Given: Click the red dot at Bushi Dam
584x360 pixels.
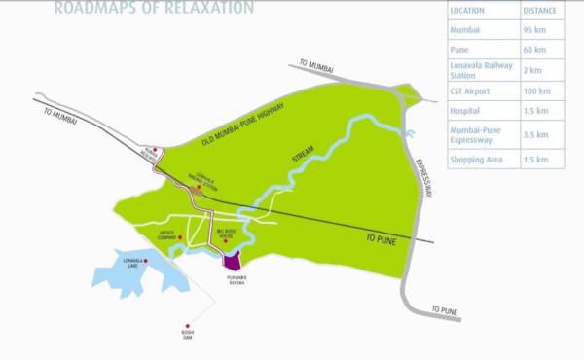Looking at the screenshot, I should point(187,326).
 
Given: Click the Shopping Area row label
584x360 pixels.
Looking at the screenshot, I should point(476,159).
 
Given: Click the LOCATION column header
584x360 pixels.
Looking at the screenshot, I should point(469,10).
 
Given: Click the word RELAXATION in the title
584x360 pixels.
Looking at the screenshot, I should point(206,9).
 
